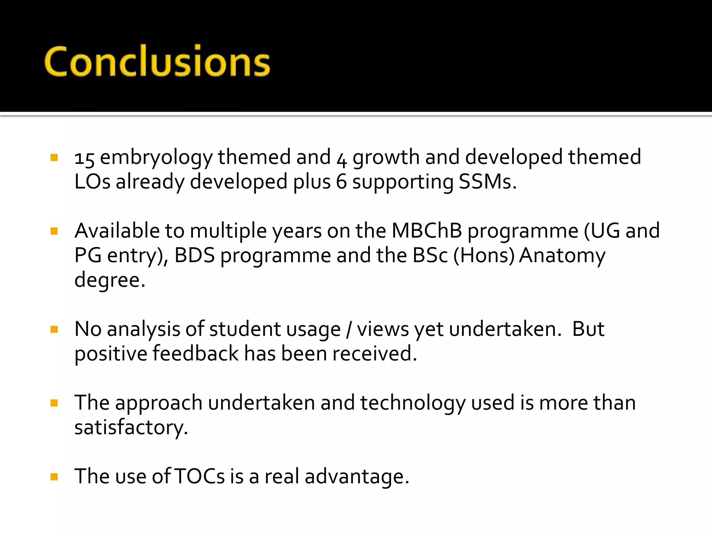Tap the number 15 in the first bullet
(84, 158)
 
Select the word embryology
(156, 157)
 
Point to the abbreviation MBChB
(427, 231)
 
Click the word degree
(110, 280)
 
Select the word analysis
(144, 329)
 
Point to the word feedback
(195, 354)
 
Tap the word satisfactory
(131, 428)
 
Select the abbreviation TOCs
(200, 477)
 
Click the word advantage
(357, 477)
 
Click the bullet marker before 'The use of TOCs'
(54, 477)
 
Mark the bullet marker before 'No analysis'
(54, 329)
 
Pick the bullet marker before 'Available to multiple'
(54, 231)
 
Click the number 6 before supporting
(341, 182)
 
